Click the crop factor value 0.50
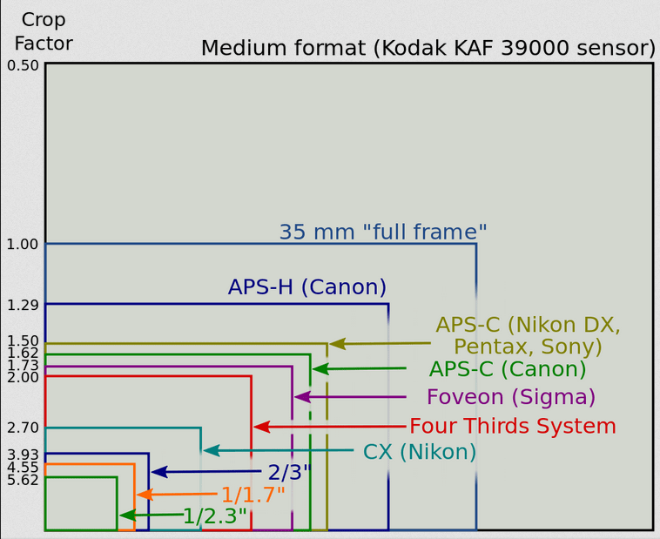pos(23,65)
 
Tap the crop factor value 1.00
pos(23,244)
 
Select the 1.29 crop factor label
pos(23,305)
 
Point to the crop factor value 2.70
pos(23,428)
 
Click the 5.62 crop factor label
pos(23,480)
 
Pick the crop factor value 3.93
pos(23,455)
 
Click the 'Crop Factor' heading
pos(44,31)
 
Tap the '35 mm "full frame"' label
pos(383,232)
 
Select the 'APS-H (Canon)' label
pos(307,287)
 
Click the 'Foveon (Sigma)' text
pos(511,397)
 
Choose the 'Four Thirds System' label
pos(513,426)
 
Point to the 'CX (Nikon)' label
pos(420,452)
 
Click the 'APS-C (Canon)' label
pos(508,369)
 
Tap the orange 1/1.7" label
pos(253,495)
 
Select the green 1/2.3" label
pos(215,515)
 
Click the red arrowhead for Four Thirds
pos(261,427)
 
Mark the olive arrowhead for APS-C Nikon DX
pos(337,344)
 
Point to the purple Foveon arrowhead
pos(302,397)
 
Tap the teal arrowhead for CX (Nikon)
pos(211,450)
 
